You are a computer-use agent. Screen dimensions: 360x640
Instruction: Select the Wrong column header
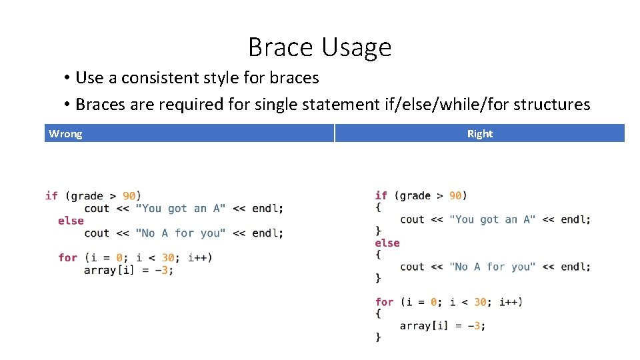pos(65,134)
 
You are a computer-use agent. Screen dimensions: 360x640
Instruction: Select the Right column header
pos(479,134)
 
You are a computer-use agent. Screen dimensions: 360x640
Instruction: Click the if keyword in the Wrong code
pos(51,196)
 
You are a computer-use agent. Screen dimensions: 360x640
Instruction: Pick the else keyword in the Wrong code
pos(71,221)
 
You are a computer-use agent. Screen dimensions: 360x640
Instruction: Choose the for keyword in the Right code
pos(384,302)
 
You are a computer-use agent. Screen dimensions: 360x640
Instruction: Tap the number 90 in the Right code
pos(455,195)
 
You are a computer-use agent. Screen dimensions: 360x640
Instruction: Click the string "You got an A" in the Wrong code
pos(180,209)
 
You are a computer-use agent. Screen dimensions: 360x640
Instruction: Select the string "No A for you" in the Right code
pos(492,267)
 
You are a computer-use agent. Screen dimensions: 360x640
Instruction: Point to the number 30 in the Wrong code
pos(167,257)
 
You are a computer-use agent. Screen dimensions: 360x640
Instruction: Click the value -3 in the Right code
pos(475,326)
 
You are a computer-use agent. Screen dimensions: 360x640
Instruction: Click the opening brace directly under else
pos(378,255)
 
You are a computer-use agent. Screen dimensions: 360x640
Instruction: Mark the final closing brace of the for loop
pos(378,337)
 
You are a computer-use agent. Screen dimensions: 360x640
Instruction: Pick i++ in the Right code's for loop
pos(510,302)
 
